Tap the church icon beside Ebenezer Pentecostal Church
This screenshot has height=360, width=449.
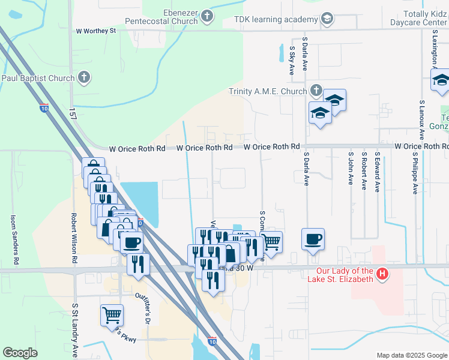pyautogui.click(x=207, y=16)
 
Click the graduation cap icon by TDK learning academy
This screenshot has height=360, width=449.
pyautogui.click(x=327, y=19)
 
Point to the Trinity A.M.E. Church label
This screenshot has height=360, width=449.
pyautogui.click(x=268, y=92)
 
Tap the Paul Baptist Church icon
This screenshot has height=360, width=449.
pyautogui.click(x=84, y=77)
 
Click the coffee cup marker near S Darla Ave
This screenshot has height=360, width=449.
pyautogui.click(x=313, y=239)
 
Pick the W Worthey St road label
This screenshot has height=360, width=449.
pyautogui.click(x=95, y=30)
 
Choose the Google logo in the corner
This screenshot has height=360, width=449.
pyautogui.click(x=20, y=353)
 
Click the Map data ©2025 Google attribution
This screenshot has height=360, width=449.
pyautogui.click(x=411, y=355)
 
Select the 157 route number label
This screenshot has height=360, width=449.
pyautogui.click(x=73, y=113)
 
